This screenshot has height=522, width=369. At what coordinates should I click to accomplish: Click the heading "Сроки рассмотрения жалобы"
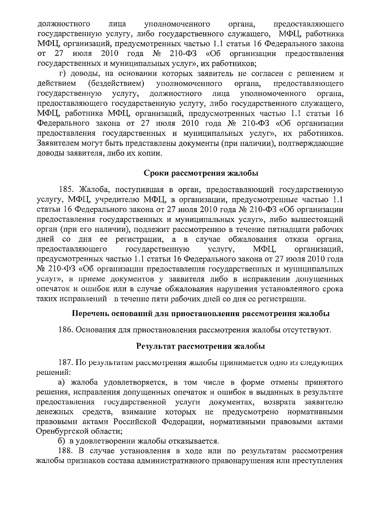pyautogui.click(x=201, y=173)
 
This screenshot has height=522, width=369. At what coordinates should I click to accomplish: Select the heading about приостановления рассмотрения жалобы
pyautogui.click(x=201, y=314)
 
